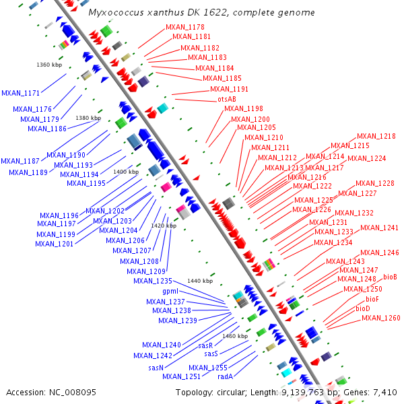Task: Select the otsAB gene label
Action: (226, 99)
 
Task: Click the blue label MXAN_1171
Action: (20, 93)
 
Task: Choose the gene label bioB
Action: (390, 277)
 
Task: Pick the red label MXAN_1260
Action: (380, 318)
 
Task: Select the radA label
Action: (225, 377)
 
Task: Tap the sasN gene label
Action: (156, 368)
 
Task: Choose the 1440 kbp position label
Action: (200, 280)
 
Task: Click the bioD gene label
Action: (363, 308)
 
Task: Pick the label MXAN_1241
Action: (379, 228)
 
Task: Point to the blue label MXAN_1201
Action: (55, 244)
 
